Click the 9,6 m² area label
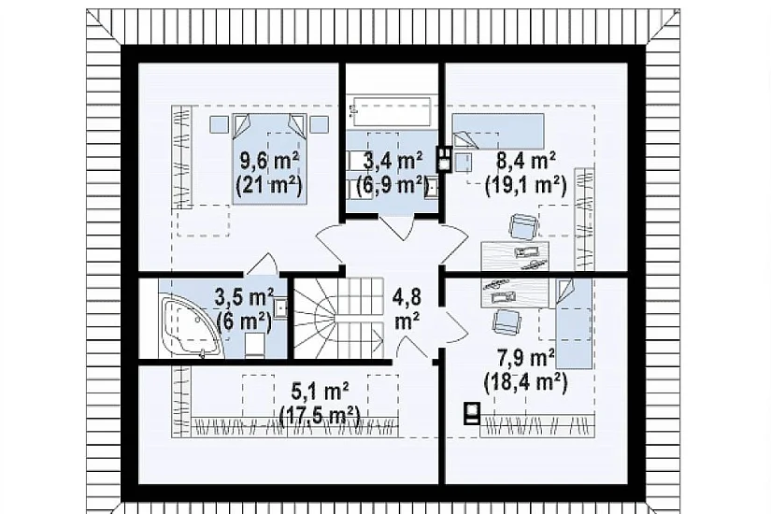tap(269, 160)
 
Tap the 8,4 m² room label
tap(526, 160)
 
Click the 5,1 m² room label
tap(321, 391)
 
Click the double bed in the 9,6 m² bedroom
tap(269, 158)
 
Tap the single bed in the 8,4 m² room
tap(497, 131)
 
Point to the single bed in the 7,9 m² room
tap(574, 323)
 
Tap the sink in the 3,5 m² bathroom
tap(280, 308)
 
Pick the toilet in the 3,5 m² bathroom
tap(254, 344)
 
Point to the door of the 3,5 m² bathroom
tap(261, 264)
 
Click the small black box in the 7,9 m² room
tap(473, 413)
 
